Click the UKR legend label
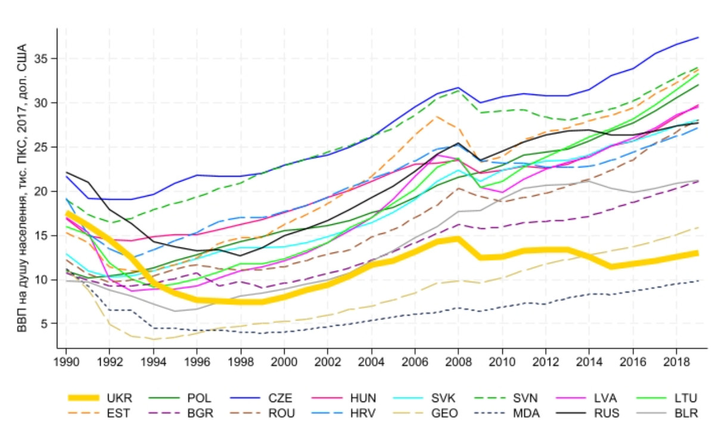119,398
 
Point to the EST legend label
119,412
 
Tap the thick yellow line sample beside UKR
84,398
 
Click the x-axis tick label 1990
66,360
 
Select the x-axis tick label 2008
458,360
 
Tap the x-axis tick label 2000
284,360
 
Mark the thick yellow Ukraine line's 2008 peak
458,239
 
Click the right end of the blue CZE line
698,38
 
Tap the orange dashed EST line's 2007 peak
436,116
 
